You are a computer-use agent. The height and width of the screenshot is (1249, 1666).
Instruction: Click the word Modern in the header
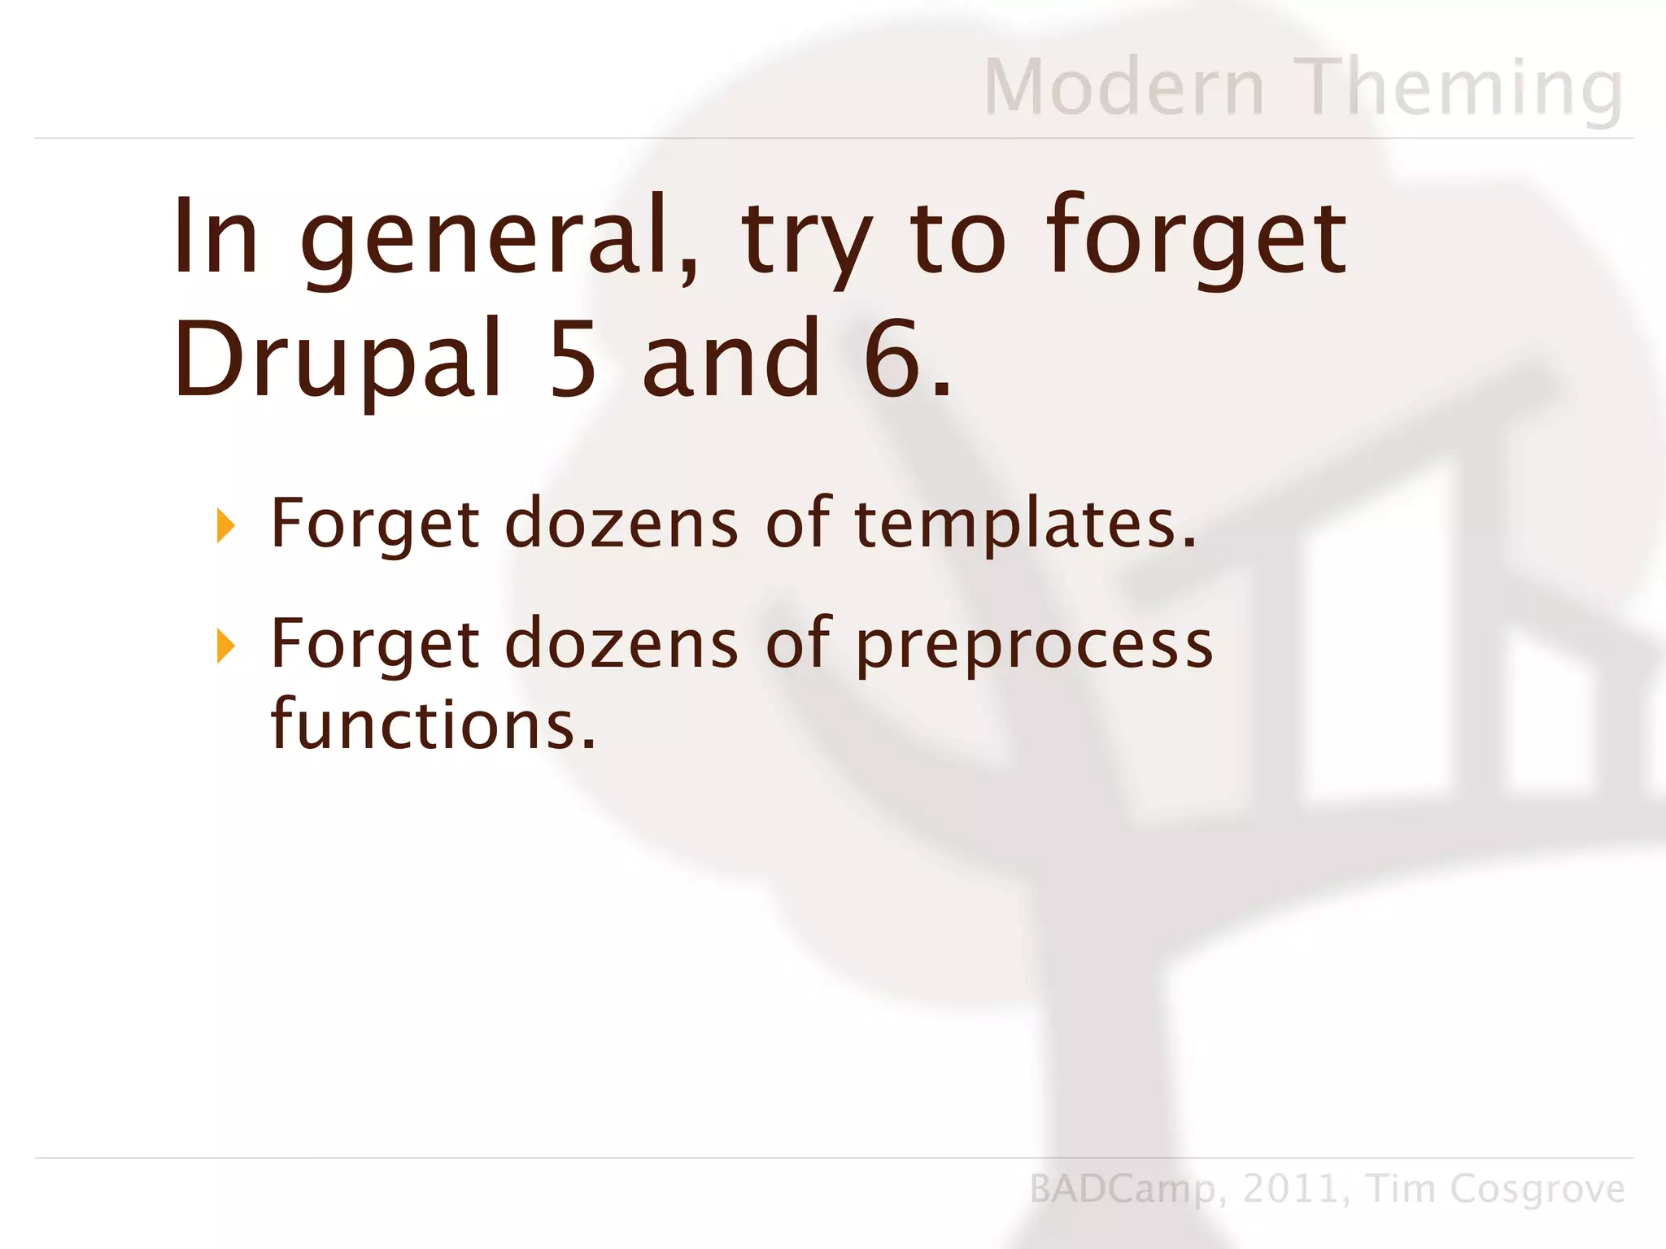1124,87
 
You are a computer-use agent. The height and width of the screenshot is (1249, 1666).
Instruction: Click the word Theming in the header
1459,87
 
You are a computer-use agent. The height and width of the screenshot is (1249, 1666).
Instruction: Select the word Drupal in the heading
338,360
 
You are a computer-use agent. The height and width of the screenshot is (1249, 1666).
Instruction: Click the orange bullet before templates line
225,526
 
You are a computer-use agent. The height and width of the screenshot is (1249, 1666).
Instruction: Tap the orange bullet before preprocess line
225,646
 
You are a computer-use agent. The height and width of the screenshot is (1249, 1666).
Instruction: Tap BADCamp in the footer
1123,1189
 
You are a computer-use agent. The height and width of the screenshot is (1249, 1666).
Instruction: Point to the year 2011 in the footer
1290,1189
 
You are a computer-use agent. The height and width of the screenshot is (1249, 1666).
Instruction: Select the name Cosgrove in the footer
1537,1189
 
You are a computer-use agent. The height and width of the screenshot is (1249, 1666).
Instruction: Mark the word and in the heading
731,360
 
